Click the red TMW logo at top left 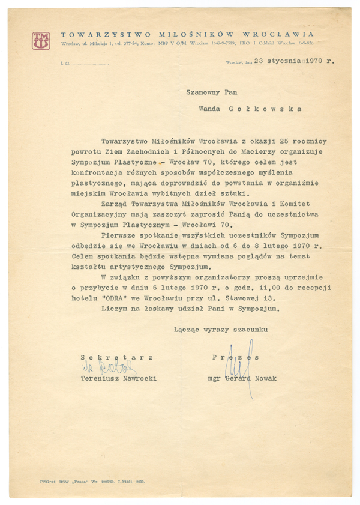[41, 40]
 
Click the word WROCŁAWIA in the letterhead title [281, 34]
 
